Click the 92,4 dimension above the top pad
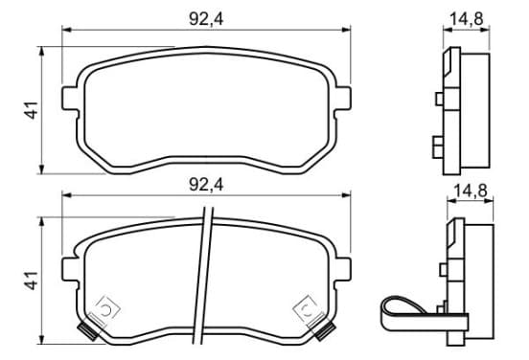click(206, 19)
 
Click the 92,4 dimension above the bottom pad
click(206, 185)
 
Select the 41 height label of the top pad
click(32, 110)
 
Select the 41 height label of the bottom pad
click(32, 281)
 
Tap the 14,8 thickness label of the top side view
click(467, 18)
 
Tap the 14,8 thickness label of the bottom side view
click(471, 191)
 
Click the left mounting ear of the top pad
click(70, 98)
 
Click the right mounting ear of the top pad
click(343, 98)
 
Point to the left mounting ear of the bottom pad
click(70, 269)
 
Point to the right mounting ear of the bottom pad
click(343, 269)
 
